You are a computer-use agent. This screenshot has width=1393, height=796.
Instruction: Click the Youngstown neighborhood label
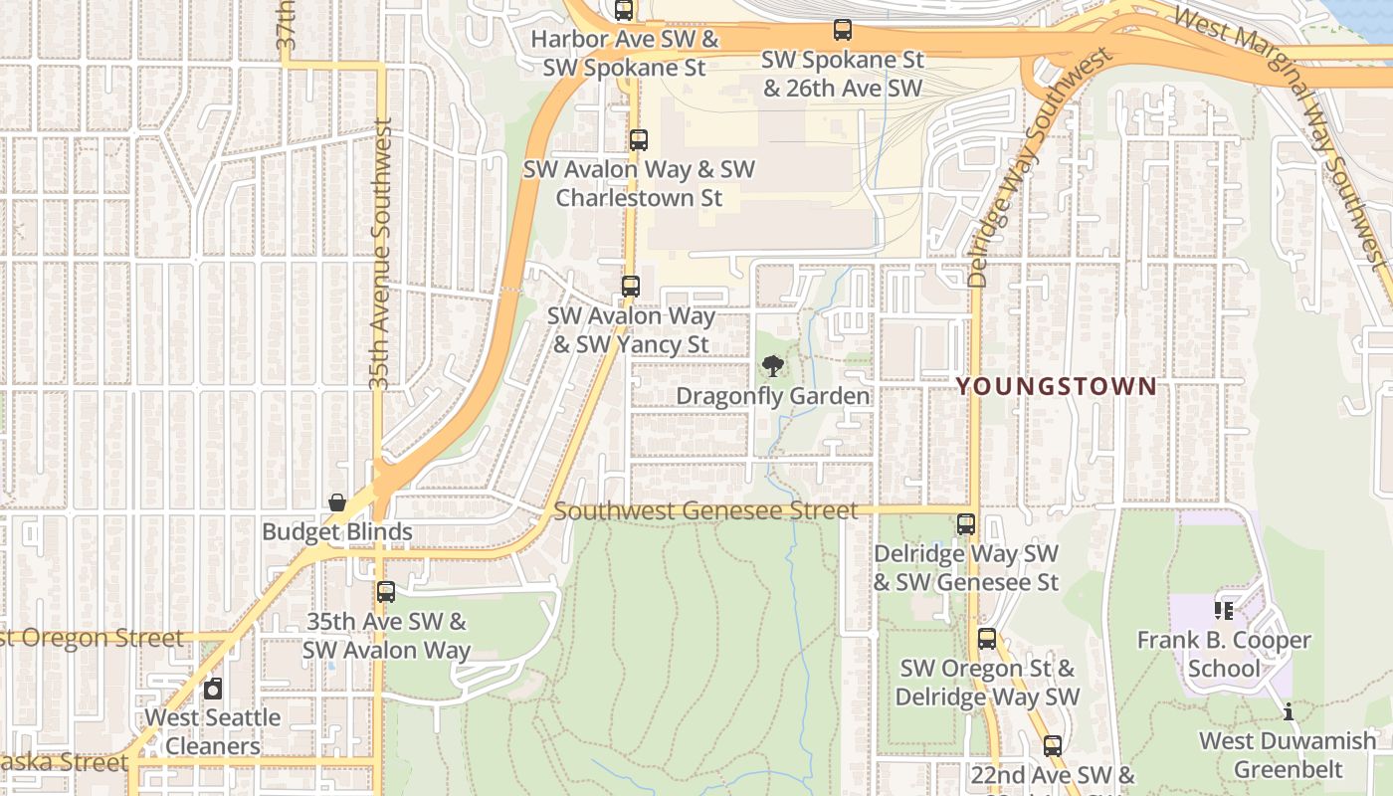(x=1057, y=386)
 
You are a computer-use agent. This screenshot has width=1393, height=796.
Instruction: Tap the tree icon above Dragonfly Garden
(x=772, y=366)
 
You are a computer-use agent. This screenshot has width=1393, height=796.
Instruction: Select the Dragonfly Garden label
(x=772, y=396)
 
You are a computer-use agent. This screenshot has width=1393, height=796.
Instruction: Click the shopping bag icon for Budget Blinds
(x=337, y=502)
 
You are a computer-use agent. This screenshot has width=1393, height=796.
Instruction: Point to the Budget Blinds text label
(x=336, y=532)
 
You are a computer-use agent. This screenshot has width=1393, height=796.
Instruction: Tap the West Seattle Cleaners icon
(x=213, y=689)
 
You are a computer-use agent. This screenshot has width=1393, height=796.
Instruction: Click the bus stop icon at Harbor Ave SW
(x=624, y=11)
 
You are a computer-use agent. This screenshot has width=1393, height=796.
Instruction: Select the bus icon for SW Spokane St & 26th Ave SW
(x=843, y=30)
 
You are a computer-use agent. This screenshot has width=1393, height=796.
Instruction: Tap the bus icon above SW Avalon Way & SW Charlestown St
(x=639, y=140)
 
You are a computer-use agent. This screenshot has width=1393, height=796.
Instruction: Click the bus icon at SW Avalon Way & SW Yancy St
(x=630, y=287)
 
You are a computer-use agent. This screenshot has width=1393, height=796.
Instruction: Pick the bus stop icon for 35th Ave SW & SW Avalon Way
(x=386, y=592)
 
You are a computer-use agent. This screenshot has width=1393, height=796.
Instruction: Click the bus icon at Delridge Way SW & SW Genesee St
(x=965, y=524)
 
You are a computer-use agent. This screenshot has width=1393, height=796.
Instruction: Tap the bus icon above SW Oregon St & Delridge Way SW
(x=987, y=639)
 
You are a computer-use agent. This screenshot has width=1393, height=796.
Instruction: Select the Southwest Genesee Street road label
(x=704, y=510)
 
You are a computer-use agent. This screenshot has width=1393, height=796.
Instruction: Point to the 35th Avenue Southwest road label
(x=380, y=254)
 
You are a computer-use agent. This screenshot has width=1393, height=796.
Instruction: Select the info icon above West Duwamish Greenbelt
(x=1289, y=711)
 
